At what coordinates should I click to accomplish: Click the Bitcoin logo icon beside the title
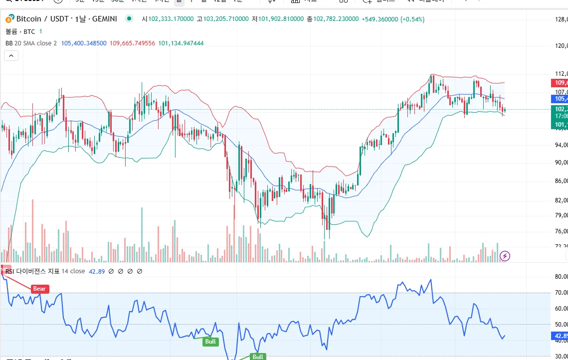pos(9,19)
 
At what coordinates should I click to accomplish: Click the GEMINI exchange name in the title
pos(103,19)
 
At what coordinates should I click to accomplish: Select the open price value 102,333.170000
pos(171,19)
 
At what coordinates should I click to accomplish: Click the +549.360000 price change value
pos(379,19)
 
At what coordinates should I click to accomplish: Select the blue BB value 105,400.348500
pos(84,43)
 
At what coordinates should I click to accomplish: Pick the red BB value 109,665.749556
pos(132,43)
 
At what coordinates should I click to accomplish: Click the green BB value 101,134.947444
pos(181,43)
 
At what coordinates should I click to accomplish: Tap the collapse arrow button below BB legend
pos(11,56)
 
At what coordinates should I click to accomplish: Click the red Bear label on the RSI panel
pos(39,289)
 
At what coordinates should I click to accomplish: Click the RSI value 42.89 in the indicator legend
pos(96,271)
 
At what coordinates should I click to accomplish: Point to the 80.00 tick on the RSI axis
pos(561,277)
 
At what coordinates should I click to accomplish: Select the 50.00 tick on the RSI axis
pos(561,325)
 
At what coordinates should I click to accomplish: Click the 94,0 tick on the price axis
pos(561,145)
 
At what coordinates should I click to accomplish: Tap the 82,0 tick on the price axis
pos(561,200)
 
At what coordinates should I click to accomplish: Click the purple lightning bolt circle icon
pos(505,256)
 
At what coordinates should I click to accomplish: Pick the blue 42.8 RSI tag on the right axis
pos(561,336)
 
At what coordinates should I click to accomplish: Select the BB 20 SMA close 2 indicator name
pos(31,43)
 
